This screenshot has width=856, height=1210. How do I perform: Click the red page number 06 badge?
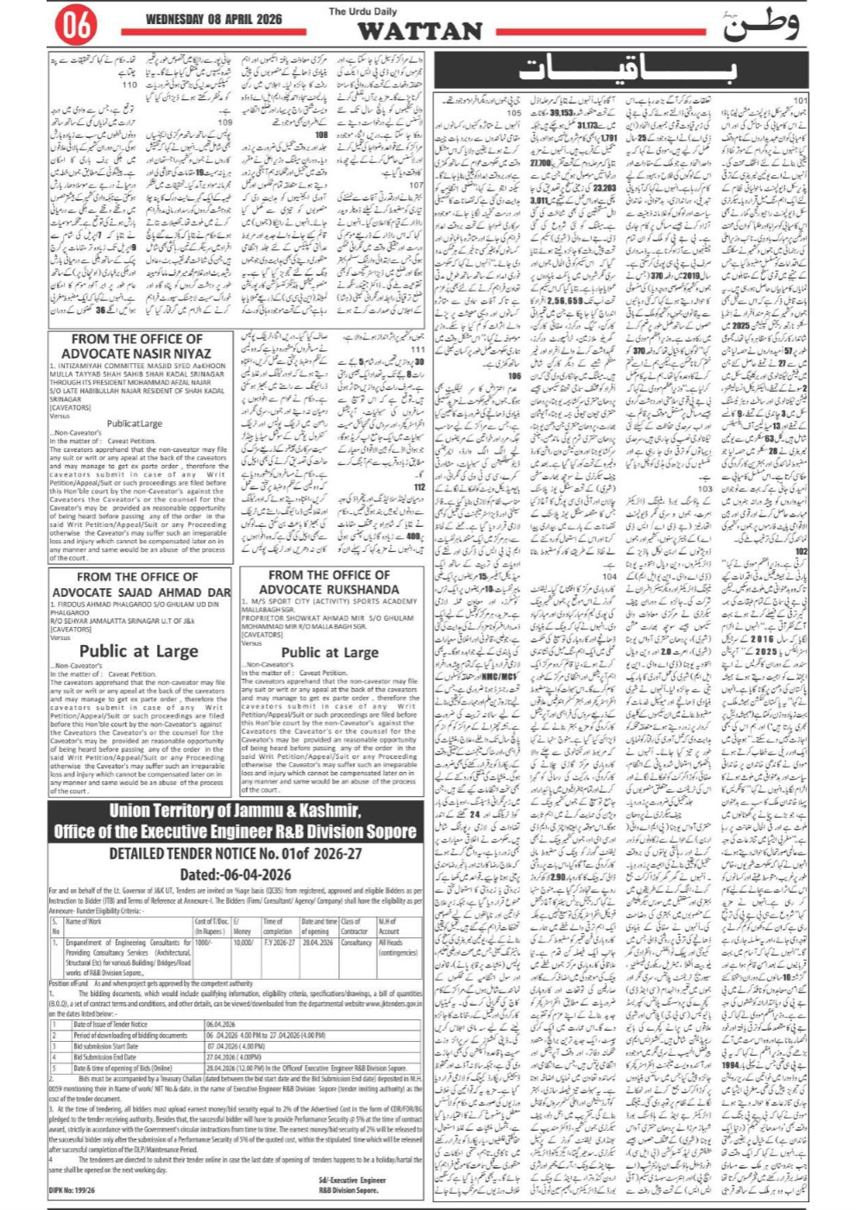pyautogui.click(x=75, y=26)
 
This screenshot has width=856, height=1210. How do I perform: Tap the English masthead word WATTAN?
pyautogui.click(x=419, y=32)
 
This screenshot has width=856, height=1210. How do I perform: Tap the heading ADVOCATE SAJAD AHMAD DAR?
pyautogui.click(x=142, y=592)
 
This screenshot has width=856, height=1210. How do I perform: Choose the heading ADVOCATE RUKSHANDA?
pyautogui.click(x=330, y=590)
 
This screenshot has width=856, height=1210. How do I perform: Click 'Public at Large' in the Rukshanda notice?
pyautogui.click(x=330, y=653)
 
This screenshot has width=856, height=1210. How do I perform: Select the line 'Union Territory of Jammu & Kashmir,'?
pyautogui.click(x=235, y=812)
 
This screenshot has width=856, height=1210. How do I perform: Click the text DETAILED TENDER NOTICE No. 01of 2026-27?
pyautogui.click(x=235, y=854)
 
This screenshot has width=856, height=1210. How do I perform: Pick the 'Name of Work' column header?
pyautogui.click(x=85, y=922)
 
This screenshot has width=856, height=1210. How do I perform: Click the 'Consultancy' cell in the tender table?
pyautogui.click(x=356, y=943)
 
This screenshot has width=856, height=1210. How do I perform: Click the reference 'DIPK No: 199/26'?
pyautogui.click(x=73, y=1191)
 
